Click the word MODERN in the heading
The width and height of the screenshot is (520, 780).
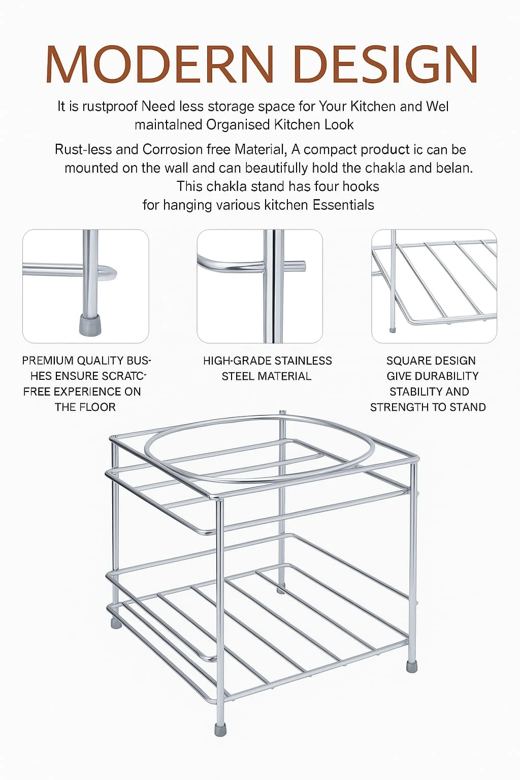pos(159,65)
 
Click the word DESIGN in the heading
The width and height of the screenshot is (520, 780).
pos(385,65)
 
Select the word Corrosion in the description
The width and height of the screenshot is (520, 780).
pos(173,150)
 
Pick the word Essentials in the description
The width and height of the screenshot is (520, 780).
pos(343,205)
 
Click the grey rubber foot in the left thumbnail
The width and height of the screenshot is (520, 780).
pos(90,325)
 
